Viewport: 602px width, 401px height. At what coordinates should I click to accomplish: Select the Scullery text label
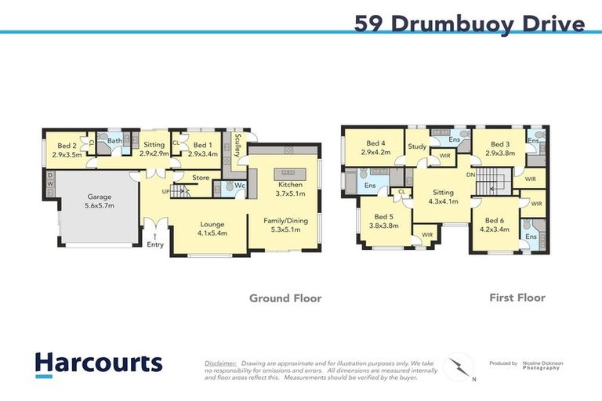pyautogui.click(x=236, y=145)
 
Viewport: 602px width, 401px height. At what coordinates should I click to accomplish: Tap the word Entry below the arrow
pyautogui.click(x=155, y=245)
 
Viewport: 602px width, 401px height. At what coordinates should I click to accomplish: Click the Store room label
pyautogui.click(x=201, y=178)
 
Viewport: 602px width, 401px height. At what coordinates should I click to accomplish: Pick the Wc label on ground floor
pyautogui.click(x=241, y=186)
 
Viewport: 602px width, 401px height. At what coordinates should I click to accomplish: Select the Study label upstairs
pyautogui.click(x=416, y=146)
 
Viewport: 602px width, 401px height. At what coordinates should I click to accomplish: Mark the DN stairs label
pyautogui.click(x=470, y=175)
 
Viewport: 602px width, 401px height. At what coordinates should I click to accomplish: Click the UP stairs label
pyautogui.click(x=165, y=191)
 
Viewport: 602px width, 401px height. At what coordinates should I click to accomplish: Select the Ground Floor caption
pyautogui.click(x=285, y=298)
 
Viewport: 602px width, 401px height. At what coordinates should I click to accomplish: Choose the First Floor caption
pyautogui.click(x=517, y=298)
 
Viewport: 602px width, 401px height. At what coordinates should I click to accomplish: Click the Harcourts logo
pyautogui.click(x=99, y=363)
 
